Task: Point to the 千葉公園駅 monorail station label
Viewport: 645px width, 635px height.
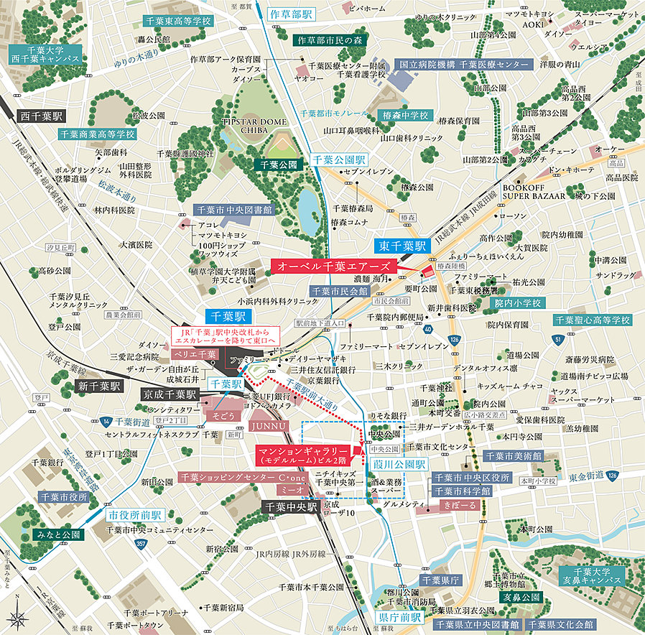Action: (x=339, y=160)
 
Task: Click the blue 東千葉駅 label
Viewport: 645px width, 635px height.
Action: (x=404, y=245)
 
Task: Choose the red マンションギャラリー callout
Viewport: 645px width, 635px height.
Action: (x=304, y=453)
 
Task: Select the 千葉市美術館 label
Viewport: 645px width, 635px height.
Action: (x=513, y=455)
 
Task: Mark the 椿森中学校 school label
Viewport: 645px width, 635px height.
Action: (x=404, y=115)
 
